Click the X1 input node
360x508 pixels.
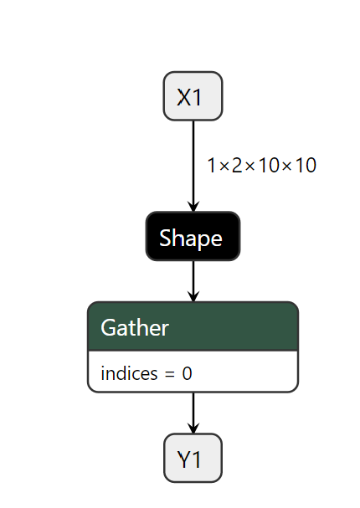[193, 96]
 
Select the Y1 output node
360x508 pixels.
[193, 459]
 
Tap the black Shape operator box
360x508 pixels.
[193, 238]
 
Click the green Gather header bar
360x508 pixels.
[193, 326]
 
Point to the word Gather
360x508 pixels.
[135, 327]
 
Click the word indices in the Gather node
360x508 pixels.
[129, 373]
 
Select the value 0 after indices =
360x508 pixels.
[187, 373]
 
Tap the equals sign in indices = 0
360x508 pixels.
[170, 374]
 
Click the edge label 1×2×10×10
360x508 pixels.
[261, 166]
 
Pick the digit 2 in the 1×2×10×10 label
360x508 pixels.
[237, 166]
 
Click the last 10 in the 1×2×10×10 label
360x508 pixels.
[305, 166]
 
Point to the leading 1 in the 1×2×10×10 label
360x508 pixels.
[213, 166]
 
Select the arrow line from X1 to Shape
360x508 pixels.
[193, 163]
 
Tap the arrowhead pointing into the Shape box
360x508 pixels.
[193, 207]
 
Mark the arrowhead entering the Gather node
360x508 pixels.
[193, 296]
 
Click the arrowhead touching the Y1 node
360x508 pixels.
[193, 428]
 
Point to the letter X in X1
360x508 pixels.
[184, 97]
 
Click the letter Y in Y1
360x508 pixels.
[185, 459]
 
